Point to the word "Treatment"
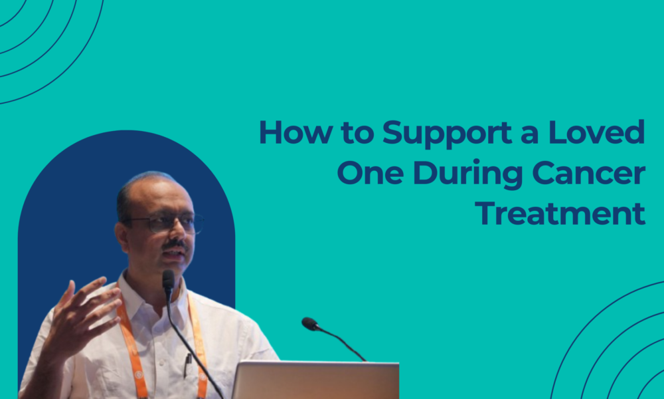[x=561, y=214]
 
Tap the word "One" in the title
[x=369, y=174]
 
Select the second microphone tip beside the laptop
[x=309, y=324]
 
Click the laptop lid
[x=315, y=380]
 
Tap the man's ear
[x=123, y=233]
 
